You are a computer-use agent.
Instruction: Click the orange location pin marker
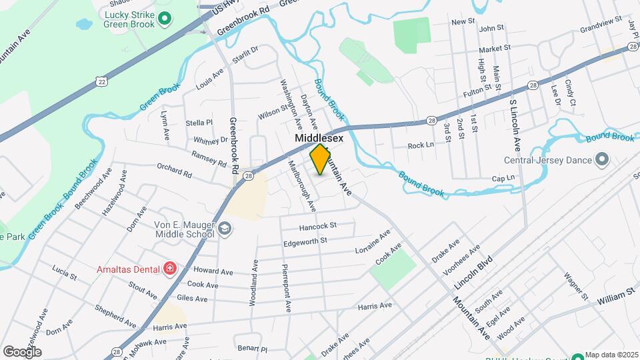point(321,159)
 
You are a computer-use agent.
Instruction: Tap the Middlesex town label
point(319,138)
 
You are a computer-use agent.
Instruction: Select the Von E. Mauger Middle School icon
point(225,228)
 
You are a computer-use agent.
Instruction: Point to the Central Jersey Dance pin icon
point(602,159)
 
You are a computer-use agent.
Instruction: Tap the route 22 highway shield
point(101,81)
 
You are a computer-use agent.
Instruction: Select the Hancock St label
point(318,226)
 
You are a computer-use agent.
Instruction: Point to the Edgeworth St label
point(305,240)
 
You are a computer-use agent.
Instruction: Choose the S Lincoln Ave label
point(515,126)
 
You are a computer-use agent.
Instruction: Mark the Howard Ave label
point(213,271)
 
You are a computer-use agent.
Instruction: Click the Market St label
point(494,48)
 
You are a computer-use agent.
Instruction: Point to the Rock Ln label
point(421,145)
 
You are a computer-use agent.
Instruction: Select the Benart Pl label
point(253,349)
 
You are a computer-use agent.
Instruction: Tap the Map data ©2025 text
point(611,355)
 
